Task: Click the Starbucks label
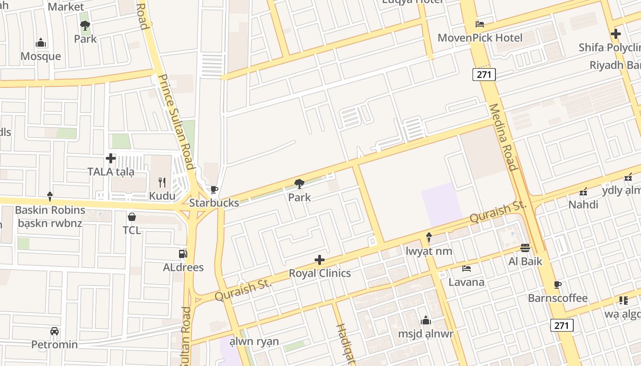pyautogui.click(x=214, y=203)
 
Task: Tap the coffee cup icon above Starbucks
pyautogui.click(x=213, y=189)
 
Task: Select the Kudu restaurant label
pyautogui.click(x=162, y=196)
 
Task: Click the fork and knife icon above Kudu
pyautogui.click(x=162, y=183)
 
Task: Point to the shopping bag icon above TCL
pyautogui.click(x=132, y=217)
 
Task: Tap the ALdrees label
pyautogui.click(x=183, y=267)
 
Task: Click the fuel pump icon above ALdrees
pyautogui.click(x=183, y=253)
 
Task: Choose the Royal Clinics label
pyautogui.click(x=320, y=273)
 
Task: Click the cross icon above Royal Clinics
pyautogui.click(x=320, y=260)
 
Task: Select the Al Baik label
pyautogui.click(x=525, y=261)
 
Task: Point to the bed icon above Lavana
pyautogui.click(x=467, y=269)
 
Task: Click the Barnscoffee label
pyautogui.click(x=558, y=298)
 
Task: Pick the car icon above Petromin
pyautogui.click(x=54, y=331)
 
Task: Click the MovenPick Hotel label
pyautogui.click(x=480, y=38)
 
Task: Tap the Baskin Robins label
pyautogui.click(x=50, y=210)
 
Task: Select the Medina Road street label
pyautogui.click(x=503, y=137)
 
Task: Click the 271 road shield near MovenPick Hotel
pyautogui.click(x=484, y=74)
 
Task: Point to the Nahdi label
pyautogui.click(x=583, y=205)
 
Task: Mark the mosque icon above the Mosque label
pyautogui.click(x=41, y=43)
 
